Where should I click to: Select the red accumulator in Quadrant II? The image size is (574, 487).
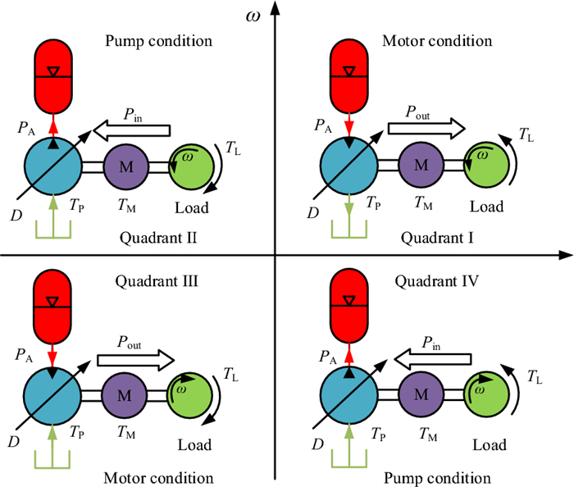click(54, 75)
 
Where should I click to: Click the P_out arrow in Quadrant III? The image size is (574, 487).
click(136, 359)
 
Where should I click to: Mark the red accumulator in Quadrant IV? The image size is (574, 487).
click(348, 306)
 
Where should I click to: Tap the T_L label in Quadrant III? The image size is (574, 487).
click(231, 374)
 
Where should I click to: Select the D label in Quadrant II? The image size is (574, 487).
click(16, 216)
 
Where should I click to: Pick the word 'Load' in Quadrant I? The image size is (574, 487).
click(487, 207)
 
